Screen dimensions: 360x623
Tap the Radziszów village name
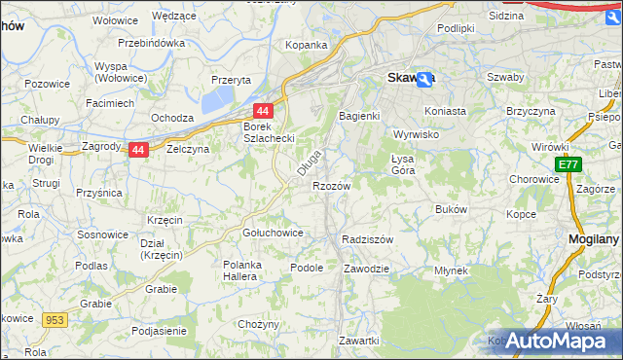pos(368,239)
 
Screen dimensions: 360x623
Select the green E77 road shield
pos(568,166)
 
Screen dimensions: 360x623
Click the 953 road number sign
pos(54,319)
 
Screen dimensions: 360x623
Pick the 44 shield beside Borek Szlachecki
pos(262,112)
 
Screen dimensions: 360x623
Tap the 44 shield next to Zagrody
pos(139,150)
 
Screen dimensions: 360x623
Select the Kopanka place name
pos(306,45)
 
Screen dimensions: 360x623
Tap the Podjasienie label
pos(160,331)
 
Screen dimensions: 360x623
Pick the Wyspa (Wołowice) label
pos(121,72)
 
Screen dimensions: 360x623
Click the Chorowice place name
pos(533,180)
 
